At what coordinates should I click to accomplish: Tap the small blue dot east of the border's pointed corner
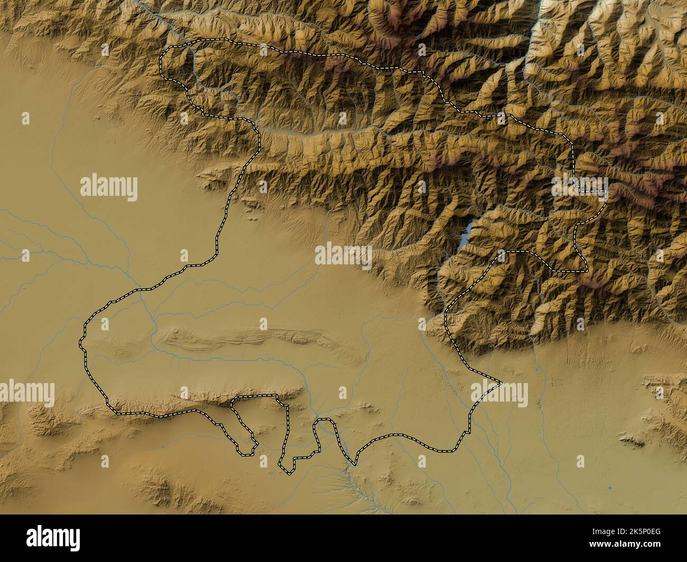537,370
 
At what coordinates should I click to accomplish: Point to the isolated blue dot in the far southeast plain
610,488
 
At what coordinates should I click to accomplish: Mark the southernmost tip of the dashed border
289,472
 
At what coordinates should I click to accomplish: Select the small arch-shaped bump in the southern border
324,422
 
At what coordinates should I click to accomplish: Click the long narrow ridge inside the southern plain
254,338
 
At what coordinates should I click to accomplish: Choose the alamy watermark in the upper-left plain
109,187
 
